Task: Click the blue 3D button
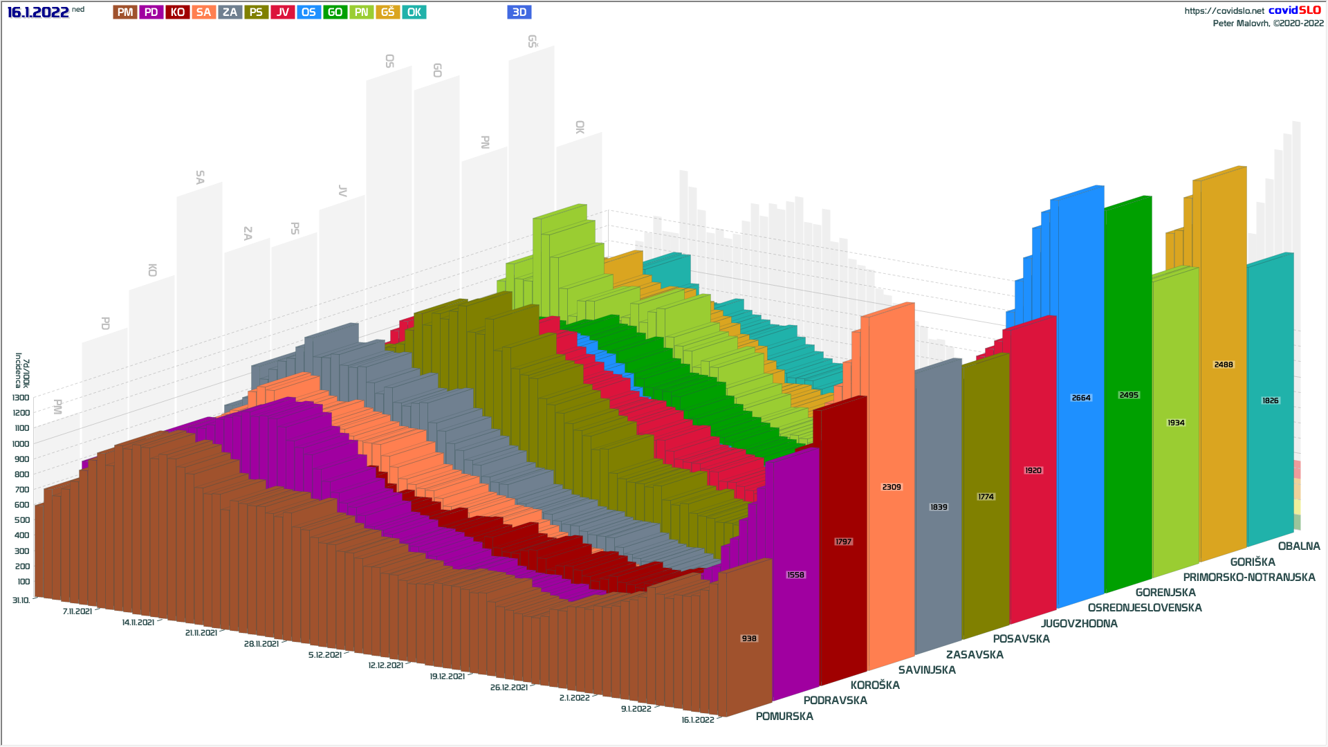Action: (519, 12)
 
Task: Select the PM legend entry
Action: (125, 12)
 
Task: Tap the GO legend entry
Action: (335, 12)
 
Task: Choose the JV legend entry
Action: (282, 12)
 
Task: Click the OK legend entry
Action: (414, 12)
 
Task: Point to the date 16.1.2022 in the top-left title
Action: (38, 12)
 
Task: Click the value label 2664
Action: (1080, 398)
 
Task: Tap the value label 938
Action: (749, 638)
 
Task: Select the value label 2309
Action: (891, 487)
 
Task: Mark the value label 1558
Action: (795, 575)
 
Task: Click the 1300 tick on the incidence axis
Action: (21, 398)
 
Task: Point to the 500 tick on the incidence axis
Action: (22, 520)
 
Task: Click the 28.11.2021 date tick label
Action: (261, 644)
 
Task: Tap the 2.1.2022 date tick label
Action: (574, 698)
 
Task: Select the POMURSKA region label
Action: (784, 716)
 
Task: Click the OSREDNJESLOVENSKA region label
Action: (1144, 607)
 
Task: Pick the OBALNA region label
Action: (1298, 546)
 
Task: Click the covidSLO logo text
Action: (1294, 10)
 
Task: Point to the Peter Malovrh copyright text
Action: (1268, 24)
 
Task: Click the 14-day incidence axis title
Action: (22, 371)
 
